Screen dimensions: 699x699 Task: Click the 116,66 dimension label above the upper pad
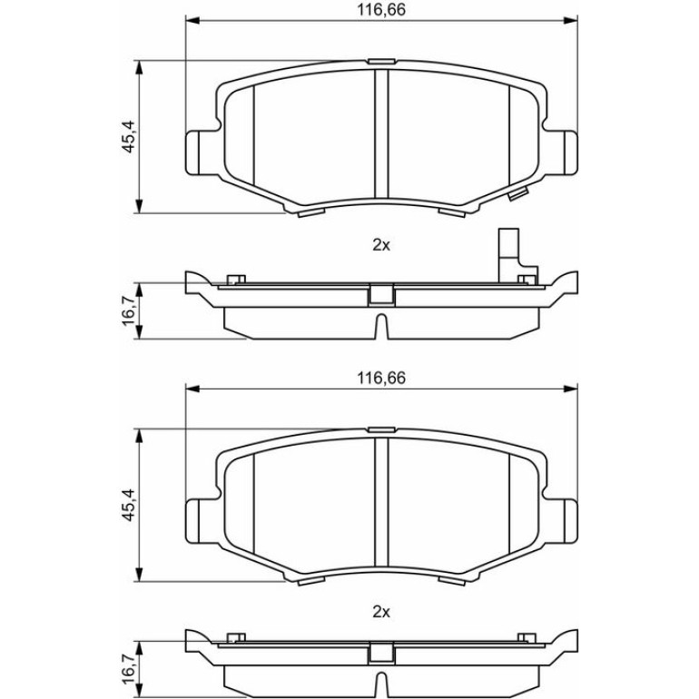point(381,10)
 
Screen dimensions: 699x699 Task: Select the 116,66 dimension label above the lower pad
point(381,378)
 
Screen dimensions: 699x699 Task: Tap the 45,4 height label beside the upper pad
point(129,137)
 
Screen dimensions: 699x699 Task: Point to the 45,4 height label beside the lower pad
point(129,505)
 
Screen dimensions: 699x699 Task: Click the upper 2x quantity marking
point(381,245)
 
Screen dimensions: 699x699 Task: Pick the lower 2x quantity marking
point(381,613)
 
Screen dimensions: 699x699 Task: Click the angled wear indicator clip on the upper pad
point(518,194)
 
